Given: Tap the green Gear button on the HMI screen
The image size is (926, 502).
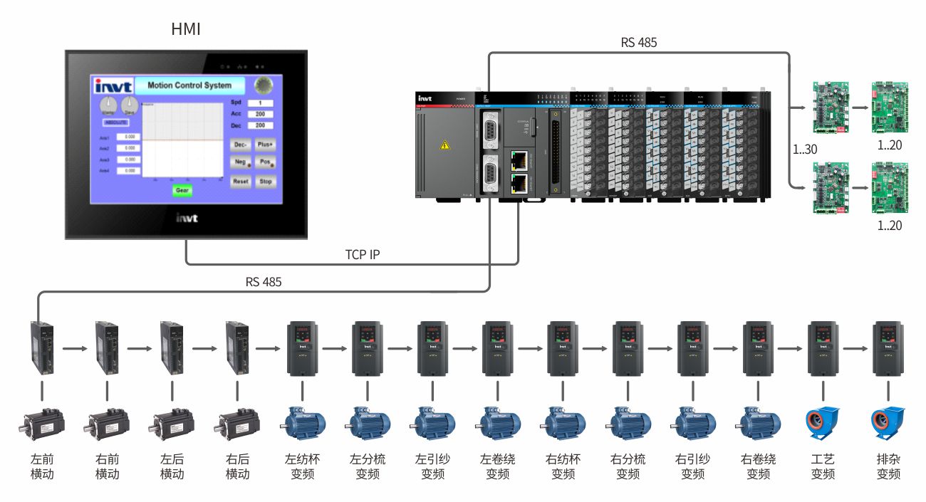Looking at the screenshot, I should tap(182, 190).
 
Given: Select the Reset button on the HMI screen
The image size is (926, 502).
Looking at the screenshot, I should tap(241, 182).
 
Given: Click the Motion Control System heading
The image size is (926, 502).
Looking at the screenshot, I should tap(189, 85).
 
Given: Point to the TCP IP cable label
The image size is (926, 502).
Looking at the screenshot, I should tap(363, 254).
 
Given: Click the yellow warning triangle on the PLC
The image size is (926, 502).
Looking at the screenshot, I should tap(445, 145).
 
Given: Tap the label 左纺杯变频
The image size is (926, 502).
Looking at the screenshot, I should tap(302, 466).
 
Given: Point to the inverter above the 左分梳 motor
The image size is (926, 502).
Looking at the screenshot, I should tap(368, 348).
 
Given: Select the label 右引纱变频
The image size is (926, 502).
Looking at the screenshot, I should tap(693, 466).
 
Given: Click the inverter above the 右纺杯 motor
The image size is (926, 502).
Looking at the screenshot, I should tap(562, 348).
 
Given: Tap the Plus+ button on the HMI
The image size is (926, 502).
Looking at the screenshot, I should tap(265, 143).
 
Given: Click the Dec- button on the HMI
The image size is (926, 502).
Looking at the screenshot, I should tap(241, 143).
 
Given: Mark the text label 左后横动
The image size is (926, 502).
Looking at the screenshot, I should tap(172, 466).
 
